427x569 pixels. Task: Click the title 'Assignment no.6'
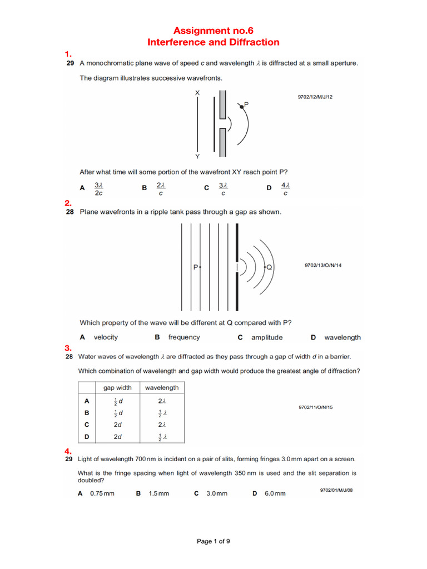(213, 31)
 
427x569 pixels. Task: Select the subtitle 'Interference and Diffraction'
(213, 42)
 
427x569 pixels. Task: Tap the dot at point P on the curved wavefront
(242, 108)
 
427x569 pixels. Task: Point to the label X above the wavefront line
(197, 93)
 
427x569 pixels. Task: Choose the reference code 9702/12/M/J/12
(315, 97)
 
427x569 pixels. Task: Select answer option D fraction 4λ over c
(285, 189)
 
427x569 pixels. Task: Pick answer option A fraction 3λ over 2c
(98, 189)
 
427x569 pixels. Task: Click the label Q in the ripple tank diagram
(269, 267)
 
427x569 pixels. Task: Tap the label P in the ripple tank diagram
(196, 267)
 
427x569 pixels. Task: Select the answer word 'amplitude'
(267, 337)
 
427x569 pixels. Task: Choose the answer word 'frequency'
(184, 337)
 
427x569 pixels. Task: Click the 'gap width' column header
(117, 388)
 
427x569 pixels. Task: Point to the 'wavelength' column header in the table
(161, 388)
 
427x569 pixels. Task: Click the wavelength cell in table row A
(161, 401)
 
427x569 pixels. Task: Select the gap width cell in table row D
(117, 437)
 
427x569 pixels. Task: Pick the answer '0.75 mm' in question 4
(102, 493)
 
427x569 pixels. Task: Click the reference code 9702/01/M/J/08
(336, 490)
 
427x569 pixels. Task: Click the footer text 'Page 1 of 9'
(213, 542)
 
